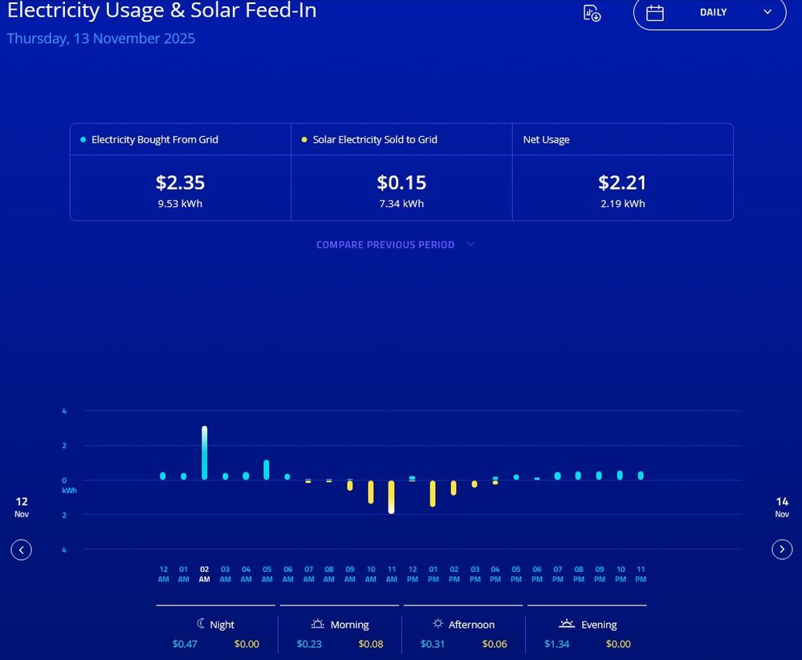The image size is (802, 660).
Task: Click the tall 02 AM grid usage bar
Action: point(204,453)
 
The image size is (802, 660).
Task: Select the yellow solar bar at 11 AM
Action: point(391,497)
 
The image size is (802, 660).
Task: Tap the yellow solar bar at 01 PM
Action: point(433,493)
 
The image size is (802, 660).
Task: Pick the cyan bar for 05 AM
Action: point(267,470)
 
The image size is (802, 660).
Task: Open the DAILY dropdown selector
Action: point(710,13)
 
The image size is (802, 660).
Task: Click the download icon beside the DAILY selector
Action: point(592,13)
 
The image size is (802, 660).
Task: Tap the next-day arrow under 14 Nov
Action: point(782,549)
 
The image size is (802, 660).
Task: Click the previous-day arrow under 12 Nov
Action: point(22,549)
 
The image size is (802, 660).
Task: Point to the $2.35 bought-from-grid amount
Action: point(180,183)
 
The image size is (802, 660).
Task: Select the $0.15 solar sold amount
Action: point(401,183)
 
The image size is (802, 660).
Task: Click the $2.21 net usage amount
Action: point(622,183)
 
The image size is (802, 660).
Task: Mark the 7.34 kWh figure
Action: point(401,204)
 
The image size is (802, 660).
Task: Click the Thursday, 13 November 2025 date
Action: point(101,38)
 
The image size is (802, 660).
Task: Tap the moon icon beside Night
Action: point(201,624)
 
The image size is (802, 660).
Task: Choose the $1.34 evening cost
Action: point(556,644)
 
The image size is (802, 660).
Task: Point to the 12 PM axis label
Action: point(412,574)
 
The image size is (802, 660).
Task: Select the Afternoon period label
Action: point(472,625)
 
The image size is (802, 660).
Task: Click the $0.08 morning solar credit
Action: point(370,644)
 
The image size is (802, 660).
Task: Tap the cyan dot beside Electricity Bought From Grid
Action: point(83,140)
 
